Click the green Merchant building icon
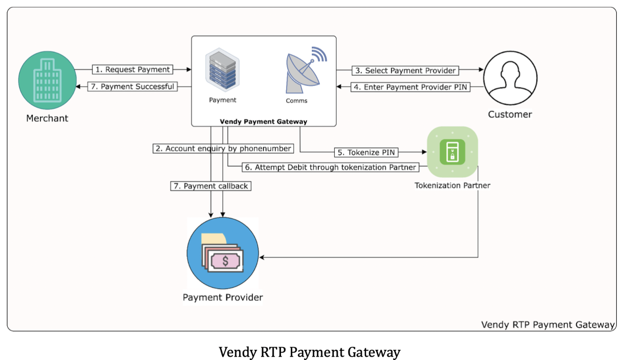47,81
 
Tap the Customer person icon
510,78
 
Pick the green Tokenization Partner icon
452,151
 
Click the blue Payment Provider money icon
223,254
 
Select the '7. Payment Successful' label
133,87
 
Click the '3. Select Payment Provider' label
405,70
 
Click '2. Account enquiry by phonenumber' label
223,148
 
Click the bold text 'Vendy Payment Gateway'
263,121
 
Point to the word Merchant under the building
47,118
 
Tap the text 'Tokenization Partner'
452,186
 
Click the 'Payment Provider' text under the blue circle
223,297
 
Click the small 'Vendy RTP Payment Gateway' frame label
547,324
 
